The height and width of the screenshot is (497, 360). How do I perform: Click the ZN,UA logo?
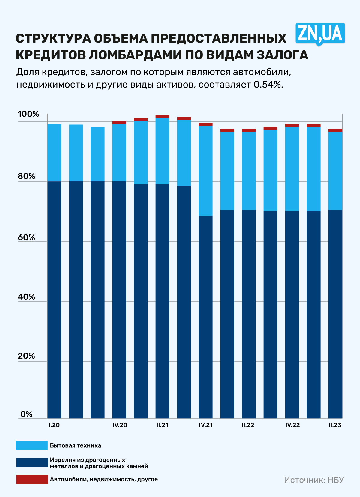(320, 33)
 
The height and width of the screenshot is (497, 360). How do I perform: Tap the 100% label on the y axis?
(28, 114)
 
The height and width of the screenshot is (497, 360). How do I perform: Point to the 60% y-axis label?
(26, 237)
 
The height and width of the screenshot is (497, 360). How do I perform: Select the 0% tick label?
(26, 414)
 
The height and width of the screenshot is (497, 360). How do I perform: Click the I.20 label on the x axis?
(54, 425)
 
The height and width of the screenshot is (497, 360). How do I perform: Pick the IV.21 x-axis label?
(206, 425)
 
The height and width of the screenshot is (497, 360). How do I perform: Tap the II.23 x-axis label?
(335, 425)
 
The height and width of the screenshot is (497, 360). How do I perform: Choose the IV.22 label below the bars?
(292, 425)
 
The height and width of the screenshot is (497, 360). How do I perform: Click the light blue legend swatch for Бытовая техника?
(31, 445)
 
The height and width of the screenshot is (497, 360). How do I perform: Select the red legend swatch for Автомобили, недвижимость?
(32, 479)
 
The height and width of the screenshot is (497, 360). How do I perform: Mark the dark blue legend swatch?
(32, 463)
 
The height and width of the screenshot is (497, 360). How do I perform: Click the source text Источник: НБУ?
(314, 480)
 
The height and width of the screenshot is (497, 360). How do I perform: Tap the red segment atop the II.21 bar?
(162, 116)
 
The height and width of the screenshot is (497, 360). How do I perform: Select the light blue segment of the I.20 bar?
(54, 153)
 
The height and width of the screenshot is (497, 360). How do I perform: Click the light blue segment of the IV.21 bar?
(206, 171)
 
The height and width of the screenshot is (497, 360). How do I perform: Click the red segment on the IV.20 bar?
(119, 123)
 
